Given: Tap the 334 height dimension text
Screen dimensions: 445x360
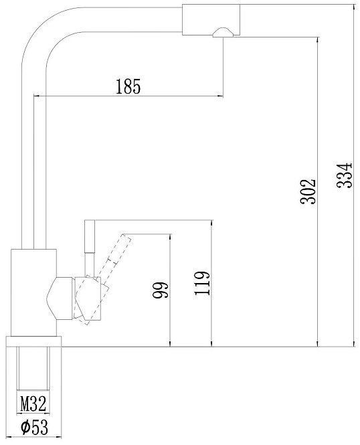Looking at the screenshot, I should click(343, 175).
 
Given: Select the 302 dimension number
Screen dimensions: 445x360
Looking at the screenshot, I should click(307, 193).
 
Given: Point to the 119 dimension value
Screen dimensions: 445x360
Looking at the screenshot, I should click(203, 284).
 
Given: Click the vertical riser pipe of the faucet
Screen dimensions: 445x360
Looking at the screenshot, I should click(33, 167).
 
